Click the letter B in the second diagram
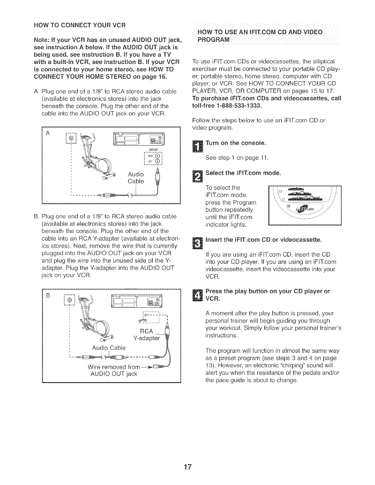click(x=47, y=296)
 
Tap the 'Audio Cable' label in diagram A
click(x=136, y=178)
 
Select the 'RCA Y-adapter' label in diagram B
click(x=146, y=334)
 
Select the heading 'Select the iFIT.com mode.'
click(x=243, y=173)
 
